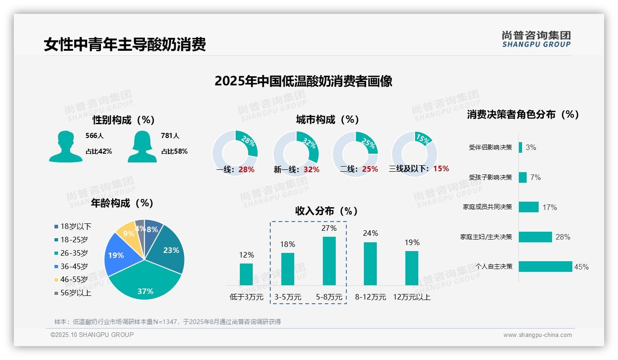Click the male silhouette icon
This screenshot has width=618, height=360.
65,146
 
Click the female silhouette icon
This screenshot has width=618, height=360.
142,146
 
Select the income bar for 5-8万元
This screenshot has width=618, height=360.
329,261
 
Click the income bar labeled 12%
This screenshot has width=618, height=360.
246,274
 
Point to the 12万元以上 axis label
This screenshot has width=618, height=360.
412,297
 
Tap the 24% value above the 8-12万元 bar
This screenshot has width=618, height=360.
370,233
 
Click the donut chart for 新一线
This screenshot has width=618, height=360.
296,154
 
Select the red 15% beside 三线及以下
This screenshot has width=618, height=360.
441,169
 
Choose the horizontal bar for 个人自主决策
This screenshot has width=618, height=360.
545,266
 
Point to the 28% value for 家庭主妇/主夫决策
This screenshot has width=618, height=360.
563,237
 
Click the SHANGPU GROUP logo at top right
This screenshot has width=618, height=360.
536,39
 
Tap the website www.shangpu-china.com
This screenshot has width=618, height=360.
537,335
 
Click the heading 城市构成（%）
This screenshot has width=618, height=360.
327,120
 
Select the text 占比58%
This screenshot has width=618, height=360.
174,151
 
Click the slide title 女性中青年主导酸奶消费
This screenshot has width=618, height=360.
125,44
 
